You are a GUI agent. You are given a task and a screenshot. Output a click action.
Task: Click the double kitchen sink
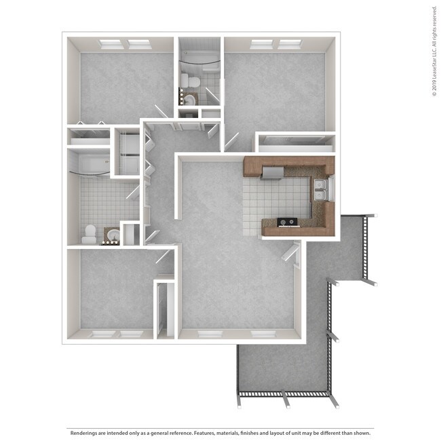322,190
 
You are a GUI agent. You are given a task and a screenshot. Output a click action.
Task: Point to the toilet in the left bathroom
89,234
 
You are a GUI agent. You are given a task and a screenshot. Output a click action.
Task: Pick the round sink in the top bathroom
190,100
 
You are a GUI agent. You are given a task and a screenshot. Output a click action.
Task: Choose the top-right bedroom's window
276,43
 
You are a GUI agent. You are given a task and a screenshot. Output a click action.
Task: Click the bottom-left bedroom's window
117,334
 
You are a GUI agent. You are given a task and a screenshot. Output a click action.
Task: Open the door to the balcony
292,256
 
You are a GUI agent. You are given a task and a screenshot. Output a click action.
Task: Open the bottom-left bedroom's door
164,256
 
